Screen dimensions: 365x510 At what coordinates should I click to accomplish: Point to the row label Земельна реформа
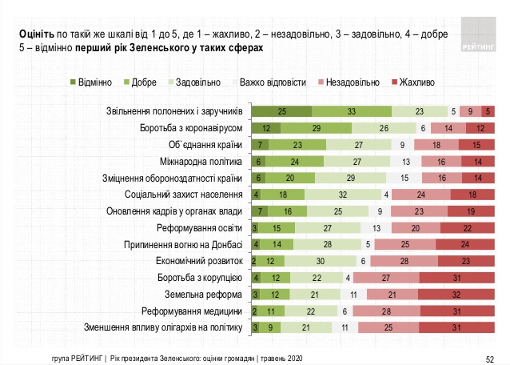click(205, 294)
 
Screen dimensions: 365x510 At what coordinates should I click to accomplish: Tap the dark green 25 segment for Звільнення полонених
click(282, 111)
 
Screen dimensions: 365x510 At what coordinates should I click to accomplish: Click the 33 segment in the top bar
click(352, 111)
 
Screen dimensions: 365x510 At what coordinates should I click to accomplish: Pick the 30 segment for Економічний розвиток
click(320, 261)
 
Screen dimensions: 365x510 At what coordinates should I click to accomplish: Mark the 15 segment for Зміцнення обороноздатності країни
click(404, 178)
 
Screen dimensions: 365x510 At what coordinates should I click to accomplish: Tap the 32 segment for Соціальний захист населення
click(342, 195)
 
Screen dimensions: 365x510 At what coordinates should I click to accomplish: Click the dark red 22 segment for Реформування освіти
click(468, 227)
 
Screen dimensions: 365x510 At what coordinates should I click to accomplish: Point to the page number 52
click(490, 357)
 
